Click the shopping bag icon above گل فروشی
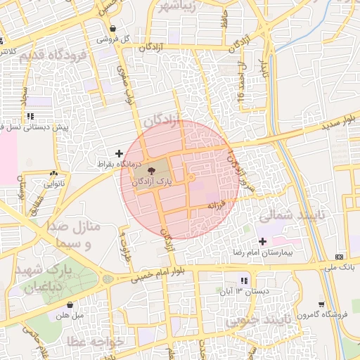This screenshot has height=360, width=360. (114, 29)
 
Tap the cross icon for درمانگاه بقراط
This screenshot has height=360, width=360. (119, 153)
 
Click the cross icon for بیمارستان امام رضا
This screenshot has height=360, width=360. (262, 241)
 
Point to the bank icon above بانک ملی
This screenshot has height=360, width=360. (340, 256)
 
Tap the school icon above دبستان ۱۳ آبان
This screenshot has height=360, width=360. (244, 281)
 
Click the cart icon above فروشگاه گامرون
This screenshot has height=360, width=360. (322, 304)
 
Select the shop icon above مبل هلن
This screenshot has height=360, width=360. (70, 304)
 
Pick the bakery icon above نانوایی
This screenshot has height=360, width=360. (53, 173)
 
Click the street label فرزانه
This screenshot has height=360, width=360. (214, 205)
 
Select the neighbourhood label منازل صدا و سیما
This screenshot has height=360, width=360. (76, 236)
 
